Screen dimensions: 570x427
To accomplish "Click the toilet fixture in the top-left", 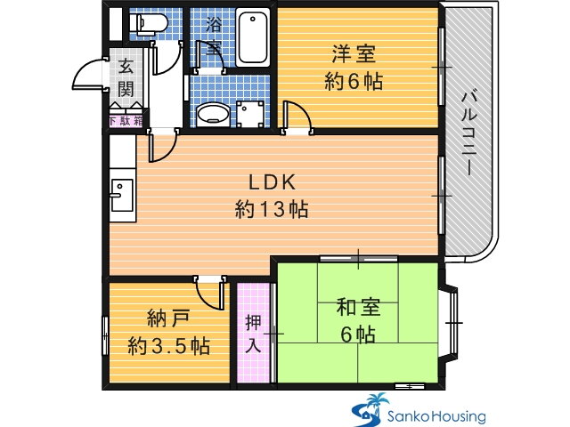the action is pos(149,23).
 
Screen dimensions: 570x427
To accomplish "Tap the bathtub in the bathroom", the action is pos(253,37).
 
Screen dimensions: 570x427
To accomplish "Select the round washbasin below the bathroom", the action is pos(214,113).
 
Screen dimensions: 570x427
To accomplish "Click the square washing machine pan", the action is pos(250,114).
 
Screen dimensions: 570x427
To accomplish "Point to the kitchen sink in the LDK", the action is pos(122,195).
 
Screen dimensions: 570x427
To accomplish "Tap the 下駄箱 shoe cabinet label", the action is pos(126,121).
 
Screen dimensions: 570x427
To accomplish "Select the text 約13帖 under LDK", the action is pos(272,210).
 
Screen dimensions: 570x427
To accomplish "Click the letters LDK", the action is pos(273,182).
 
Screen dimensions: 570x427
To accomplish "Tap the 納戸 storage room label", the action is pos(168,319).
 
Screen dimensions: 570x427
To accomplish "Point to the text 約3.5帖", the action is pos(169,346).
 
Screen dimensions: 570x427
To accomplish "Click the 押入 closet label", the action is pos(253,334).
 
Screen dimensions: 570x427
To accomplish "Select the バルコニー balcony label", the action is pos(468,133).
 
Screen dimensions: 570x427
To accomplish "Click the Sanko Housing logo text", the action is pos(436,416).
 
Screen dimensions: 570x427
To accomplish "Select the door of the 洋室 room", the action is pos(297,117).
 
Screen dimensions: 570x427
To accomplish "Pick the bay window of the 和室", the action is pos(451,323).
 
